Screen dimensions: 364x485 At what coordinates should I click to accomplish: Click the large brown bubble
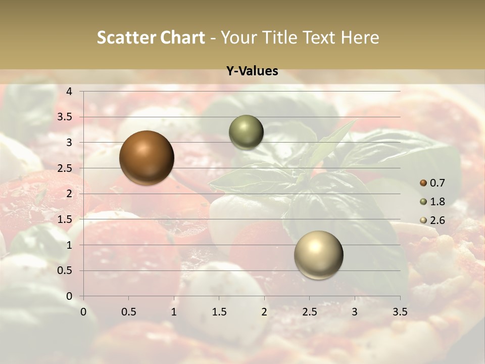pyautogui.click(x=147, y=158)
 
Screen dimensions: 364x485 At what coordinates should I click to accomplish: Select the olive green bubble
pyautogui.click(x=246, y=132)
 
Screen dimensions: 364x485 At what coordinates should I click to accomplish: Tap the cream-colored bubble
pyautogui.click(x=318, y=255)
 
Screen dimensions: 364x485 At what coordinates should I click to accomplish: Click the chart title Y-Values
pyautogui.click(x=252, y=71)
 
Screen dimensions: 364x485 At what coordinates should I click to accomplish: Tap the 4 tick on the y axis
pyautogui.click(x=70, y=92)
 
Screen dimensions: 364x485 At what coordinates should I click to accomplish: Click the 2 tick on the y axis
pyautogui.click(x=70, y=194)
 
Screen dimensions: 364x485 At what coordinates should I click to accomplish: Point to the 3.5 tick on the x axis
pyautogui.click(x=400, y=312)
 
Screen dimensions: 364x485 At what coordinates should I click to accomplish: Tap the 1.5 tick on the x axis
pyautogui.click(x=219, y=312)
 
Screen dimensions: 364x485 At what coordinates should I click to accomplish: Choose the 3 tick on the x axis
pyautogui.click(x=355, y=312)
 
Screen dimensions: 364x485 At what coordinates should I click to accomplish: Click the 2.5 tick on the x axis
pyautogui.click(x=309, y=312)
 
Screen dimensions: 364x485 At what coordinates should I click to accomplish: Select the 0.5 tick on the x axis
pyautogui.click(x=128, y=312)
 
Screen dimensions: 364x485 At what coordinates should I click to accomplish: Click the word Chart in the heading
pyautogui.click(x=183, y=37)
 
